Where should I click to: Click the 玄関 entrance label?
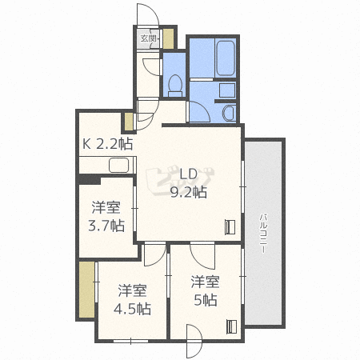(148, 38)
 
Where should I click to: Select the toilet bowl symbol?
(174, 85)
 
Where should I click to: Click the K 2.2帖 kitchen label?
(107, 145)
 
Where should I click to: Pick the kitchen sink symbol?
(118, 166)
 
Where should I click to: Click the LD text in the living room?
(188, 175)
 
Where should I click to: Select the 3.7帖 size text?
(106, 226)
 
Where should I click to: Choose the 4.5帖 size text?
(131, 308)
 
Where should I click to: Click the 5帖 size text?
(205, 300)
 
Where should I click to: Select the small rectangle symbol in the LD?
(230, 226)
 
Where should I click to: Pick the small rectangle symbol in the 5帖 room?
(231, 326)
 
